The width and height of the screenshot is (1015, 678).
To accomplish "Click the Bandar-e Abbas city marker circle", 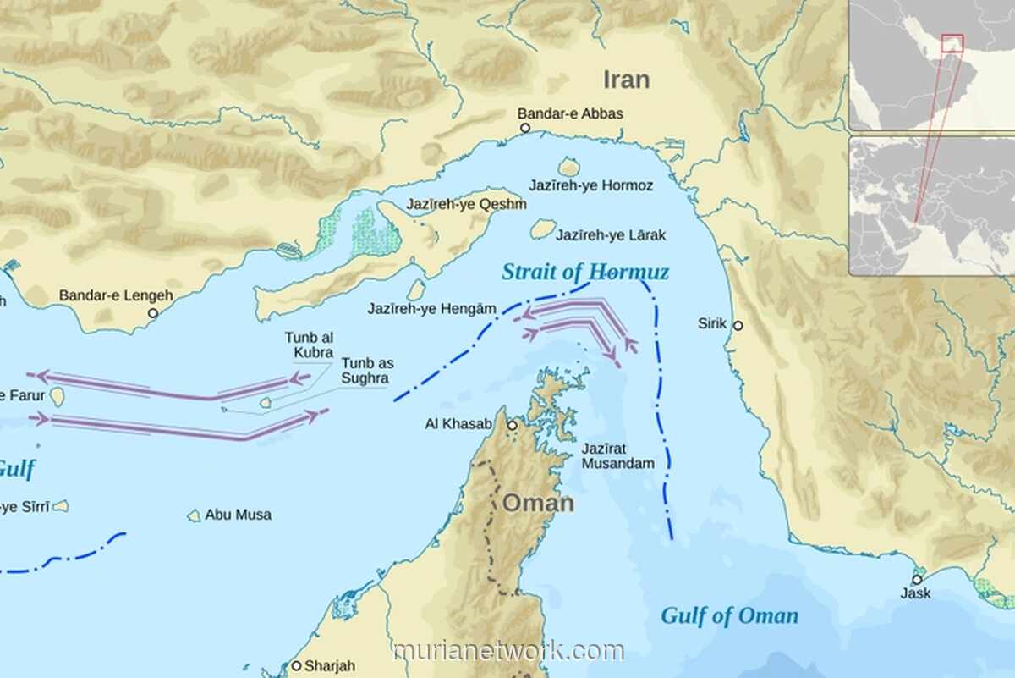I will pos(524,128).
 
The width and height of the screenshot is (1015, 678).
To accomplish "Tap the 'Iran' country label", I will pos(626,80).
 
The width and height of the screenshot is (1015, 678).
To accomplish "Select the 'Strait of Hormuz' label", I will pos(585,272).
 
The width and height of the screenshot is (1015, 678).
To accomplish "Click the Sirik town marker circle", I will pos(738,325).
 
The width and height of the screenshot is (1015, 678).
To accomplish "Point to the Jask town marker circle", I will pos(916,580).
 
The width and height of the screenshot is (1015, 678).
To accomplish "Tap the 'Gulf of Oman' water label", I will pos(729,615).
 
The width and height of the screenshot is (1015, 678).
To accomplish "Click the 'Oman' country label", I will pos(538,503).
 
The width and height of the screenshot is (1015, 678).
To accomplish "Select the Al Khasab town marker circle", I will pos(512,425).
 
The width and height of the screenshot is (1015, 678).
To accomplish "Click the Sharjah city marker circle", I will pos(296,666).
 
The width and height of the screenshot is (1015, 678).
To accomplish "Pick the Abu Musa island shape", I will pos(195,515).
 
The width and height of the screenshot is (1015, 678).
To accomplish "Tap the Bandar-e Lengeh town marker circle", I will pos(153,312).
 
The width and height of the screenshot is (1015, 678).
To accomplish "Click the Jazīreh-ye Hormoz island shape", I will pos(569,167).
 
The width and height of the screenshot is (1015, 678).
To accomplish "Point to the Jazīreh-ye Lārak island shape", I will pos(543,229).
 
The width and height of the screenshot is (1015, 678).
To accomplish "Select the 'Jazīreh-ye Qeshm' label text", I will pos(466,204).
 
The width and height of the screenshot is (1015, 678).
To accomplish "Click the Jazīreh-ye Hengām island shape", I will pos(415,290).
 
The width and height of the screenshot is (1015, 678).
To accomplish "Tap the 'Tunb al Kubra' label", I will pos(309,345).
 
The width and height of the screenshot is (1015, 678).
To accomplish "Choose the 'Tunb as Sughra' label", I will pos(367,371).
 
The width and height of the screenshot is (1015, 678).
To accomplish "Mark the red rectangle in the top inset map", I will pos(952,42).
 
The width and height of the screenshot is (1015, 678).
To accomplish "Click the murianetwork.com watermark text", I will pos(508,651).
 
